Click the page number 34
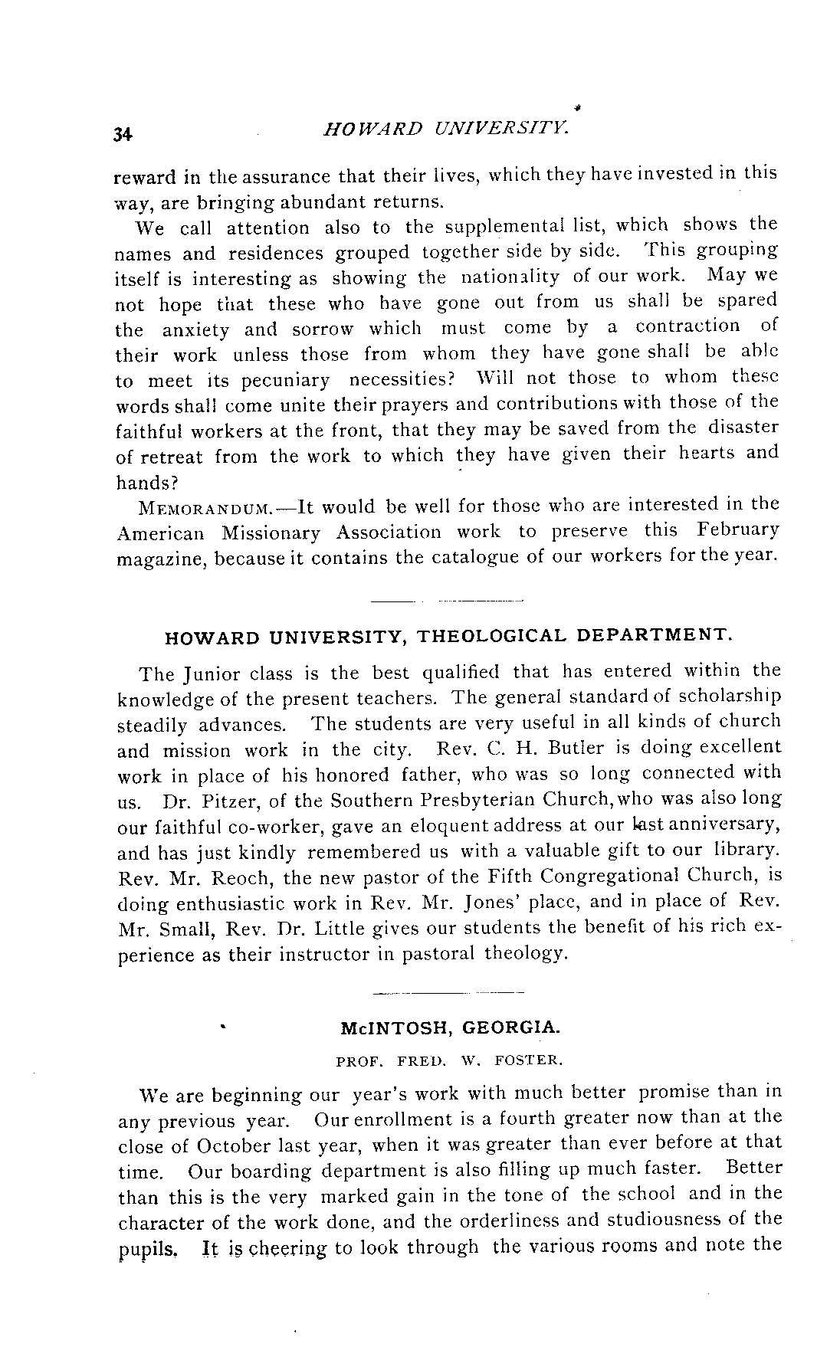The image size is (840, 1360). [x=123, y=135]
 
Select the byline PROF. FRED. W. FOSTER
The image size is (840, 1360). [x=450, y=1062]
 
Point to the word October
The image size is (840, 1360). [x=232, y=1148]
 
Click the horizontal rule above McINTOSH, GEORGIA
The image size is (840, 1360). [x=448, y=994]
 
